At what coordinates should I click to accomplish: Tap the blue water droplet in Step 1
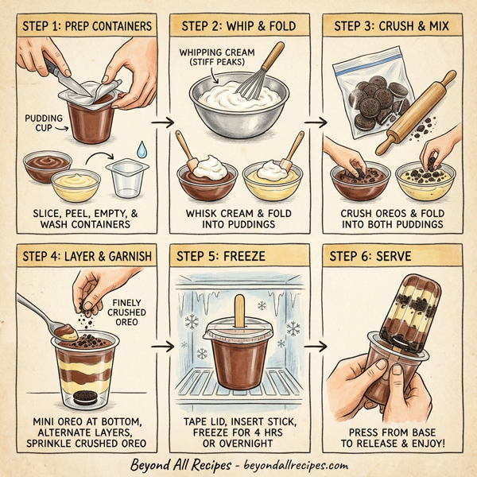(141, 149)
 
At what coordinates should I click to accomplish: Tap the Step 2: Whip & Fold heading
(238, 25)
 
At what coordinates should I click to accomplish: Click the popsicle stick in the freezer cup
(238, 309)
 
